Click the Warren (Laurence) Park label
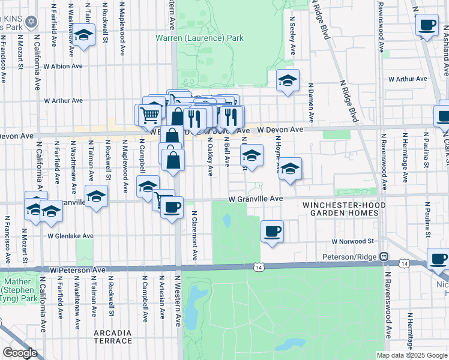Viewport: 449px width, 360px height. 199,38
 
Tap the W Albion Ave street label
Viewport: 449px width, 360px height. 59,66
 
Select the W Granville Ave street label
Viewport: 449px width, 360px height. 255,199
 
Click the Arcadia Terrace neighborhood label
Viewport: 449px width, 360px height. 113,337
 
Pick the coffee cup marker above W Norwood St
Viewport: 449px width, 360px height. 273,231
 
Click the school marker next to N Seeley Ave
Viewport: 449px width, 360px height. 288,80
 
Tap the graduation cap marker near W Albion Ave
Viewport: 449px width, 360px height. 85,36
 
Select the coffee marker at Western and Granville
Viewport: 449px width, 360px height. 172,208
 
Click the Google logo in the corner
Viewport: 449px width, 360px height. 20,353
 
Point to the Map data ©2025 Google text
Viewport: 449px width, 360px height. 411,355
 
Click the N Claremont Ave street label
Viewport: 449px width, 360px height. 194,235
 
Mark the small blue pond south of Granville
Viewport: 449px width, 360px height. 227,221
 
